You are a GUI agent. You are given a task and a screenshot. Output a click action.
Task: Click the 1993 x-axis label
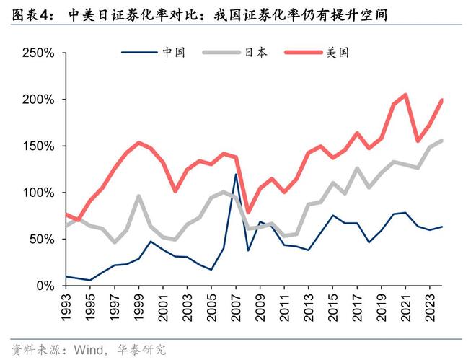[x=66, y=306]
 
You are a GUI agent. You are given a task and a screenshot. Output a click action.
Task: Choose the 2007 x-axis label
[x=236, y=306]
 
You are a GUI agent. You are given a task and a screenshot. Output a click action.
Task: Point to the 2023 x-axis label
[x=430, y=306]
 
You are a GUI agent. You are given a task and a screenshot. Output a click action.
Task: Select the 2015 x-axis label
[x=332, y=306]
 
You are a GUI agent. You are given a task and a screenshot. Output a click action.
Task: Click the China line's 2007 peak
[x=236, y=175]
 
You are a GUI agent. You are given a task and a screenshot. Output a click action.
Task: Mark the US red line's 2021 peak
[x=405, y=95]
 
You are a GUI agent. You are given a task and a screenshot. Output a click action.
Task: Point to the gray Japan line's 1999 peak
[x=138, y=196]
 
